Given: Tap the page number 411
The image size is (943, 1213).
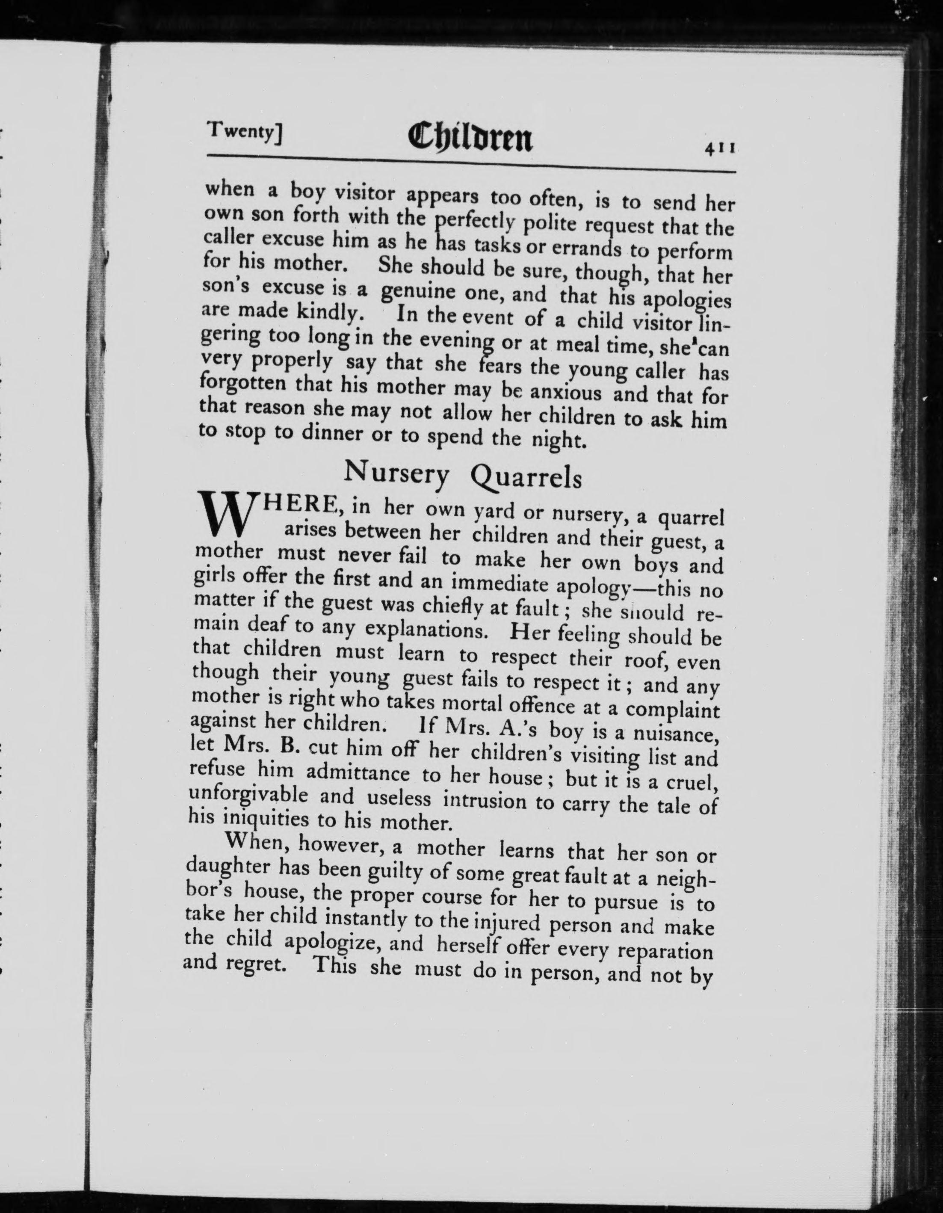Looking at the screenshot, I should point(720,149).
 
